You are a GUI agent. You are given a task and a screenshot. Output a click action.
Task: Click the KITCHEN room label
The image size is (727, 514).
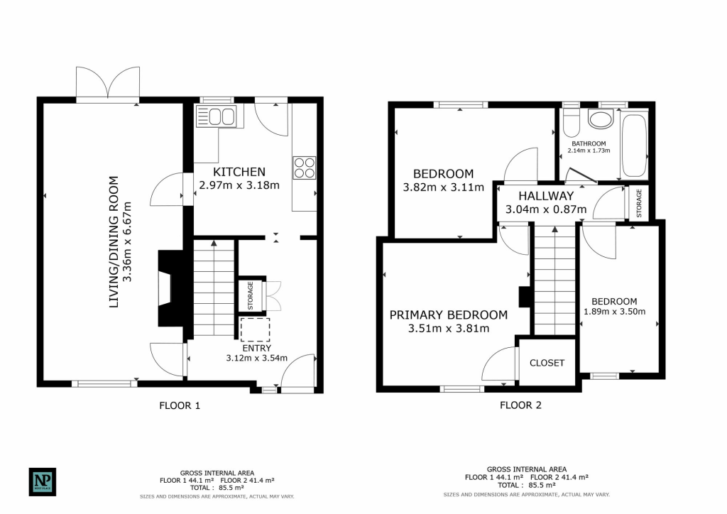pyautogui.click(x=240, y=172)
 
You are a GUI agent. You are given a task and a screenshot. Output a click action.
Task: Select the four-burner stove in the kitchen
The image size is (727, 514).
pyautogui.click(x=305, y=167)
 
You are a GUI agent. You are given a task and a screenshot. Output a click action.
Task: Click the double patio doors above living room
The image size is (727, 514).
pyautogui.click(x=108, y=84)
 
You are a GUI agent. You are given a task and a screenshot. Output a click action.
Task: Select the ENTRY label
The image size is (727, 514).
pyautogui.click(x=256, y=347)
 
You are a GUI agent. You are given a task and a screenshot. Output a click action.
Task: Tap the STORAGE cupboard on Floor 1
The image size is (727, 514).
pyautogui.click(x=251, y=295)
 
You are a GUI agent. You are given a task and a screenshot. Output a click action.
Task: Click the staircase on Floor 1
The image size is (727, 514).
pyautogui.click(x=214, y=288)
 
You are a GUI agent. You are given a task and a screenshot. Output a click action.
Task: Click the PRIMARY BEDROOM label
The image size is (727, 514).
pyautogui.click(x=448, y=315)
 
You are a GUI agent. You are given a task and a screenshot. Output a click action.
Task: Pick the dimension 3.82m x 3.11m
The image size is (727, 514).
pyautogui.click(x=443, y=187)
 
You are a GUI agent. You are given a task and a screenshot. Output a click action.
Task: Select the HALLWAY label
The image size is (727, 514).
pyautogui.click(x=545, y=196)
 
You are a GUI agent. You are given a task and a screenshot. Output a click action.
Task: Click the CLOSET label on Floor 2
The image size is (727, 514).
pyautogui.click(x=547, y=363)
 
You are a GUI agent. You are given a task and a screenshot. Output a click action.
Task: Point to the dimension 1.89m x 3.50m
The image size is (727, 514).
pyautogui.click(x=614, y=311)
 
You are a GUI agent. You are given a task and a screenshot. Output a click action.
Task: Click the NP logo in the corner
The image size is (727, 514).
pyautogui.click(x=42, y=481)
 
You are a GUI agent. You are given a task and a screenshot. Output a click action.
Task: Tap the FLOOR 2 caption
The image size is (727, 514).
pyautogui.click(x=520, y=405)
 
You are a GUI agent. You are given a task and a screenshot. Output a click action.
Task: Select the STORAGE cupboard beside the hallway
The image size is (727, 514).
pyautogui.click(x=638, y=204)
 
